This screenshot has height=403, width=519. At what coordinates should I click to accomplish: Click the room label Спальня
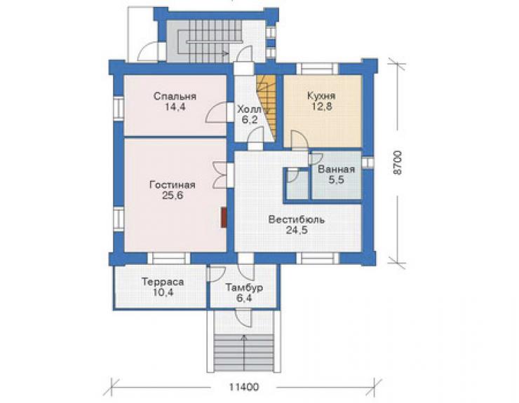pos(175,96)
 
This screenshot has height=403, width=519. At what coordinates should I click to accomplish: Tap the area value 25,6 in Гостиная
pos(173,196)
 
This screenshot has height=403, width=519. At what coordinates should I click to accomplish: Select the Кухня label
pos(321,96)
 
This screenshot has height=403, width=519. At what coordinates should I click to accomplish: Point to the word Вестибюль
pos(296,219)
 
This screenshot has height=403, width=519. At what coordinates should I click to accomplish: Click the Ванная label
pos(336,169)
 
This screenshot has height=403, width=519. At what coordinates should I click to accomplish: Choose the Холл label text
pos(249,109)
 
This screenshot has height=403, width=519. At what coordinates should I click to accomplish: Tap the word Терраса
pos(163,282)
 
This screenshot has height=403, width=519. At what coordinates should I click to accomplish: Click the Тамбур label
pos(244,287)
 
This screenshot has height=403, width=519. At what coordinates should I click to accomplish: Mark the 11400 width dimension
pos(244,386)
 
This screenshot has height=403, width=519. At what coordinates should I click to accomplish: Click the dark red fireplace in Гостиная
pos(224,217)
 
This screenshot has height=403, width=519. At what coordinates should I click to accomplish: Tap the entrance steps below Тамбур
pos(244,353)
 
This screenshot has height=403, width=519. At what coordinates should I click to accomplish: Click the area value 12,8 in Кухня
pos(321,107)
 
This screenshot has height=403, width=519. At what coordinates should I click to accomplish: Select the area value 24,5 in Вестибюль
pos(297,230)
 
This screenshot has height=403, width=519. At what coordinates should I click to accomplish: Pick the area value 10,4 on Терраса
pos(163,292)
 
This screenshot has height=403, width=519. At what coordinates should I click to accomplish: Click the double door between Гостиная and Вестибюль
pos(221,175)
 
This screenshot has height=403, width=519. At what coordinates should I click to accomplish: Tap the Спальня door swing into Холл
pos(216,113)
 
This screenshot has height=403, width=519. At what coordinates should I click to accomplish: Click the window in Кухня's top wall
pos(318,69)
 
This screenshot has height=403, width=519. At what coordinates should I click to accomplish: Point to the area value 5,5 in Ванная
pos(336,179)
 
